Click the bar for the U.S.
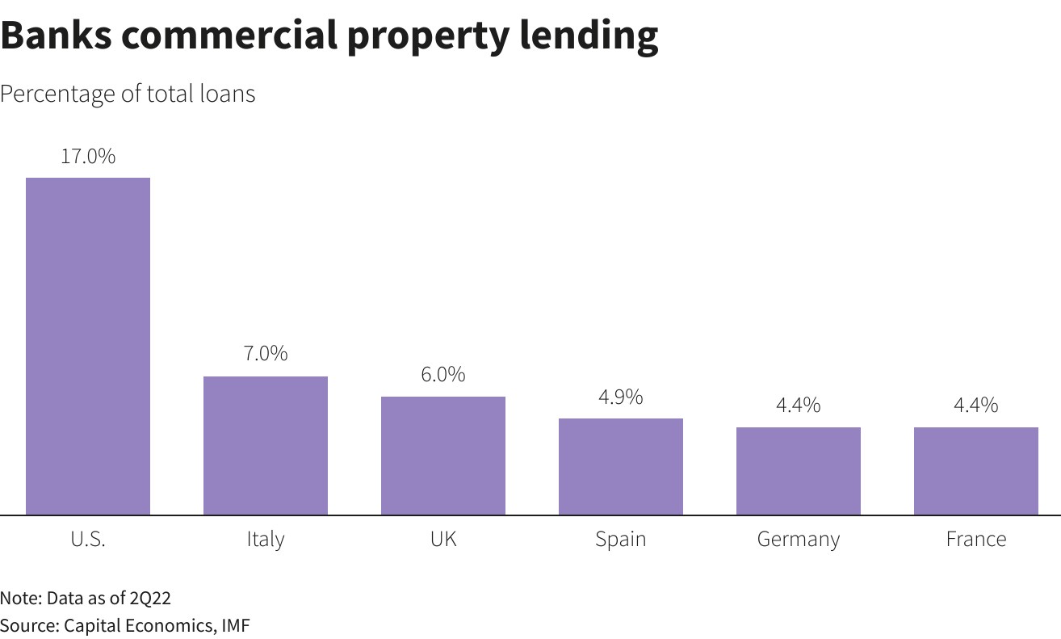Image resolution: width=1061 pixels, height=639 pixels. click(88, 346)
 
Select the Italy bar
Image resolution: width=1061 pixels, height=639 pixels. click(266, 445)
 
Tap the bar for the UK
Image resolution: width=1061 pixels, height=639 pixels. click(443, 456)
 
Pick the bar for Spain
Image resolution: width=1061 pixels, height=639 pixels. click(621, 466)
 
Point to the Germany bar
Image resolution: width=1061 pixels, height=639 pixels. click(799, 471)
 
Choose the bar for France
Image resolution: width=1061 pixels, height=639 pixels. click(976, 471)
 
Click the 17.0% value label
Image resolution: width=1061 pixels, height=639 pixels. click(88, 156)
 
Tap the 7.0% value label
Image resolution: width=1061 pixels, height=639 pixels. click(266, 354)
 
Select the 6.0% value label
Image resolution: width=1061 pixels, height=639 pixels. click(443, 375)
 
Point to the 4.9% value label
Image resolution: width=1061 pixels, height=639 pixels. click(621, 397)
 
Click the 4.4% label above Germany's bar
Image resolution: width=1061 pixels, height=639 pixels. click(799, 405)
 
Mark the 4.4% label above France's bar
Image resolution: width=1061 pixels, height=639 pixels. click(976, 405)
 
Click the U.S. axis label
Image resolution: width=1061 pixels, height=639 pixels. click(88, 539)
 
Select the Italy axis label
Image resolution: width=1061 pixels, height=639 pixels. click(266, 539)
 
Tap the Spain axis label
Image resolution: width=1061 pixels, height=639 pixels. click(621, 539)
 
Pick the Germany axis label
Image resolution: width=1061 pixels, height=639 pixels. click(799, 539)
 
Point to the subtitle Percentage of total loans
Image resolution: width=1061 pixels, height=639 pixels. click(128, 94)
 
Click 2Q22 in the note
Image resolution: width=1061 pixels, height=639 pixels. click(150, 599)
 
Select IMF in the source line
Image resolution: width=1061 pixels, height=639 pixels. click(235, 625)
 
